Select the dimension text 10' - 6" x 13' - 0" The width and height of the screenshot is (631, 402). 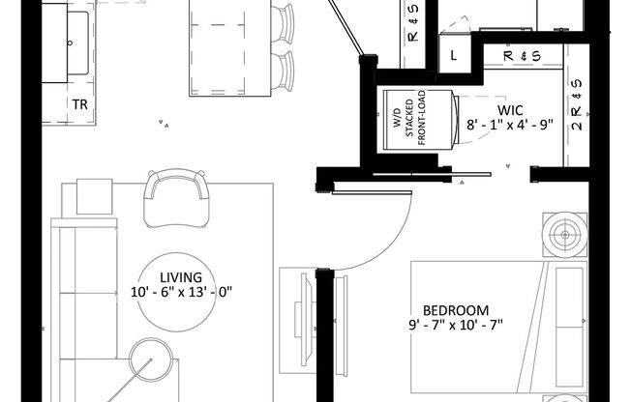[184, 291]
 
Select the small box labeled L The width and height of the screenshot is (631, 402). [454, 55]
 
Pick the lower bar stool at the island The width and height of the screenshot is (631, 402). [283, 70]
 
